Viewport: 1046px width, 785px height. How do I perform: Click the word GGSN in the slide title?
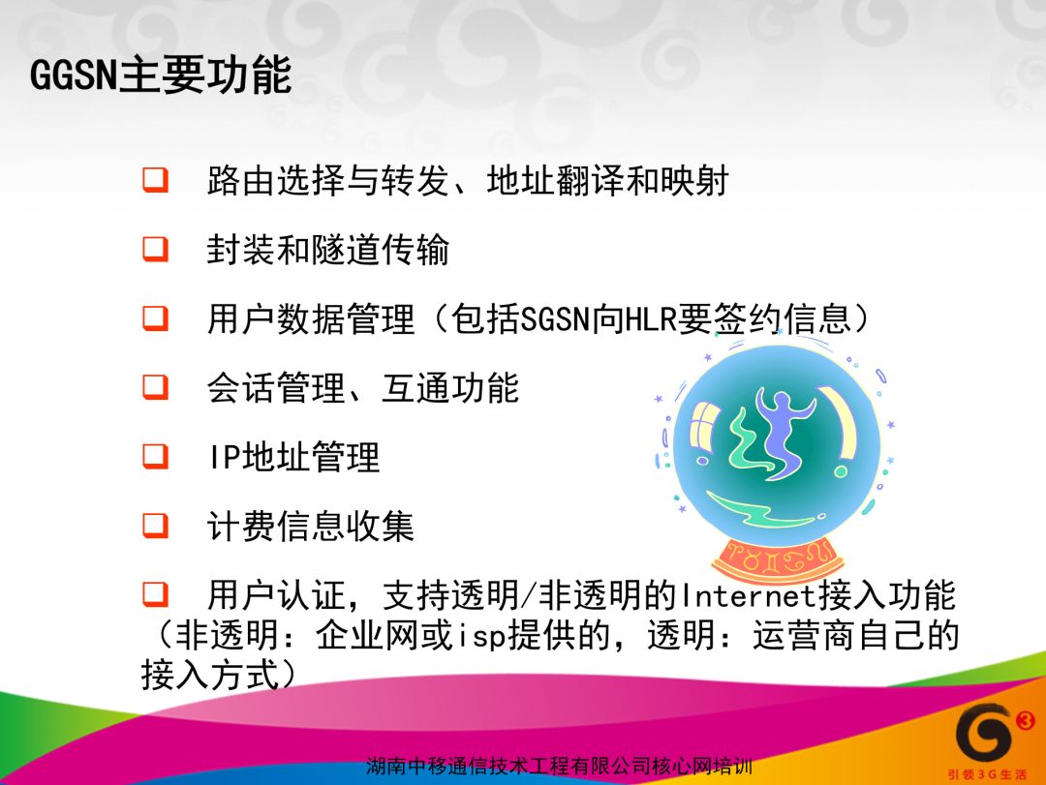click(x=74, y=74)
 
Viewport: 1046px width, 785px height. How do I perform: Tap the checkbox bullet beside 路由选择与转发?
click(x=155, y=180)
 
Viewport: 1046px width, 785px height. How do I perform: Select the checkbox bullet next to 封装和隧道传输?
click(x=155, y=250)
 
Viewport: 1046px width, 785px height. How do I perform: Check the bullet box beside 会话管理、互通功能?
click(x=155, y=387)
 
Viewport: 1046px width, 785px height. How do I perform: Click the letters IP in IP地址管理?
click(x=224, y=458)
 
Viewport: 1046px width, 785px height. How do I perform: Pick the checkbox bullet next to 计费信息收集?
click(x=155, y=527)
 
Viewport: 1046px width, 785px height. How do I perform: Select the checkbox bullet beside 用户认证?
click(x=155, y=595)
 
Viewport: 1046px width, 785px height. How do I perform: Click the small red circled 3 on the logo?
click(x=1026, y=720)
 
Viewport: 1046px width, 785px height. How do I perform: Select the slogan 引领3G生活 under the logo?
click(x=987, y=774)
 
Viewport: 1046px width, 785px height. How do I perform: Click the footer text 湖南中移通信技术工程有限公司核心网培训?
click(x=559, y=767)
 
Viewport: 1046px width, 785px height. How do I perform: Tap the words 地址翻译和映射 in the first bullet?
click(x=607, y=181)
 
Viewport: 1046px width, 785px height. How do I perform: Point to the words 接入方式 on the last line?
click(x=211, y=675)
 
